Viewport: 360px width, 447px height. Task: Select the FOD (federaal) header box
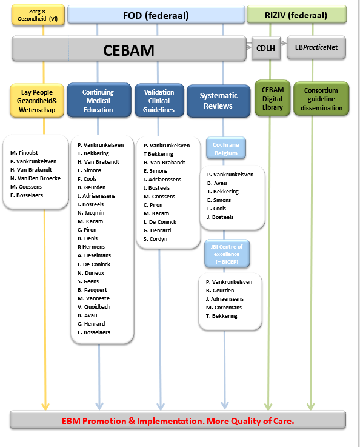click(155, 15)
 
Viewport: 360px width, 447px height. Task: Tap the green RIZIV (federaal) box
click(296, 15)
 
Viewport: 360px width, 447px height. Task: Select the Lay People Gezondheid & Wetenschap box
click(38, 100)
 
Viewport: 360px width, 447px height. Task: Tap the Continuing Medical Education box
click(98, 101)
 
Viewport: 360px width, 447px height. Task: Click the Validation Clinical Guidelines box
click(159, 101)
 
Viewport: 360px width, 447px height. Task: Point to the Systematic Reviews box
click(219, 101)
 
